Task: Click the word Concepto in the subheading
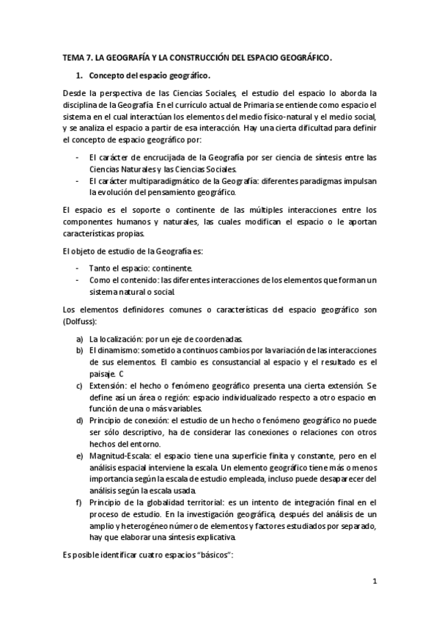point(107,75)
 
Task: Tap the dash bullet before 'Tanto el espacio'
point(78,268)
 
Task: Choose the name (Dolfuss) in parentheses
point(82,321)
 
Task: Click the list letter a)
point(79,339)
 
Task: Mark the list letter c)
point(79,385)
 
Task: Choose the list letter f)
point(79,502)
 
